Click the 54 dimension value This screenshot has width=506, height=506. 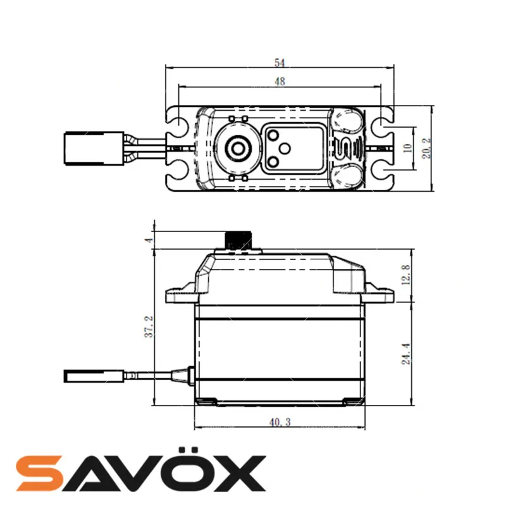[280, 62]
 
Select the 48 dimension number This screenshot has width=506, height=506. [280, 82]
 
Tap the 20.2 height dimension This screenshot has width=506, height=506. [426, 148]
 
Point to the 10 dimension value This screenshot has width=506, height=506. [407, 148]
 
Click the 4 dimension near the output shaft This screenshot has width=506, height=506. [149, 240]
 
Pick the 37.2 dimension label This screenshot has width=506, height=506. [149, 326]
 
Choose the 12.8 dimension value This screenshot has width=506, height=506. [405, 275]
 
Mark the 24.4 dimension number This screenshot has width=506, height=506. [405, 354]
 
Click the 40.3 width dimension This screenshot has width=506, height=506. [280, 422]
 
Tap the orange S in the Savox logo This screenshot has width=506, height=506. [39, 473]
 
